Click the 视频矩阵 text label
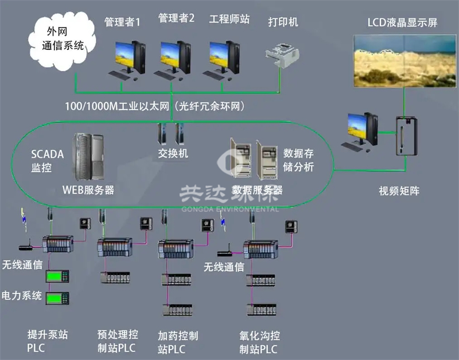pos(399,191)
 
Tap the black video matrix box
pos(406,136)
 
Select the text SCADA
pos(47,154)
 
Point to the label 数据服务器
pos(257,190)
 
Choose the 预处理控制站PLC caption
pos(118,341)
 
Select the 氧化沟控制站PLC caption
pos(260,342)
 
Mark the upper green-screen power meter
pos(58,276)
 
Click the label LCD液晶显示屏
pos(403,23)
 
